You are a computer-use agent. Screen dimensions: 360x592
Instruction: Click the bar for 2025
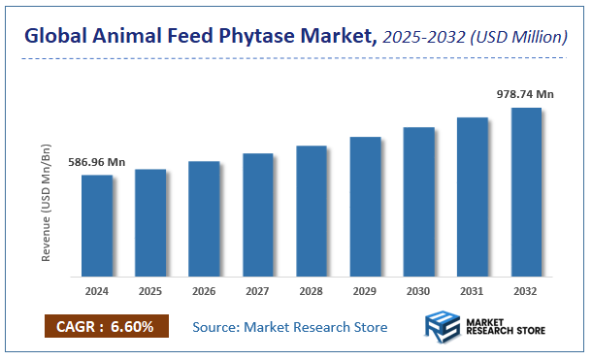(x=149, y=222)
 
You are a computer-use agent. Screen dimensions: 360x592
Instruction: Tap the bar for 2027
(x=257, y=214)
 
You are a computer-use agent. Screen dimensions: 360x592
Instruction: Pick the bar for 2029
(x=365, y=206)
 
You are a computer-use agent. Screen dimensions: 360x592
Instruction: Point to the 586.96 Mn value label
(x=96, y=163)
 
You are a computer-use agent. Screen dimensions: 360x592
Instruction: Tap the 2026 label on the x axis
(x=203, y=289)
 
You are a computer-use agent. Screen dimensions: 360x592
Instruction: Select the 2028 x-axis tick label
(x=311, y=289)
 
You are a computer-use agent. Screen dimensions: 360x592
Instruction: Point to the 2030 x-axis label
(x=418, y=289)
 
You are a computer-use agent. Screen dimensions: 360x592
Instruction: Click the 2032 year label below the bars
(x=526, y=289)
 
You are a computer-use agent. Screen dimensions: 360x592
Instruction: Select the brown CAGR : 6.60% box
(x=106, y=326)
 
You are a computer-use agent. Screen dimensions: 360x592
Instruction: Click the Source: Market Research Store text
(x=289, y=327)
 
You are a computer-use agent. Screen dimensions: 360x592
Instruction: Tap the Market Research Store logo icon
(x=444, y=328)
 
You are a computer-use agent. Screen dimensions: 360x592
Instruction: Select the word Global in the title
(x=55, y=38)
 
